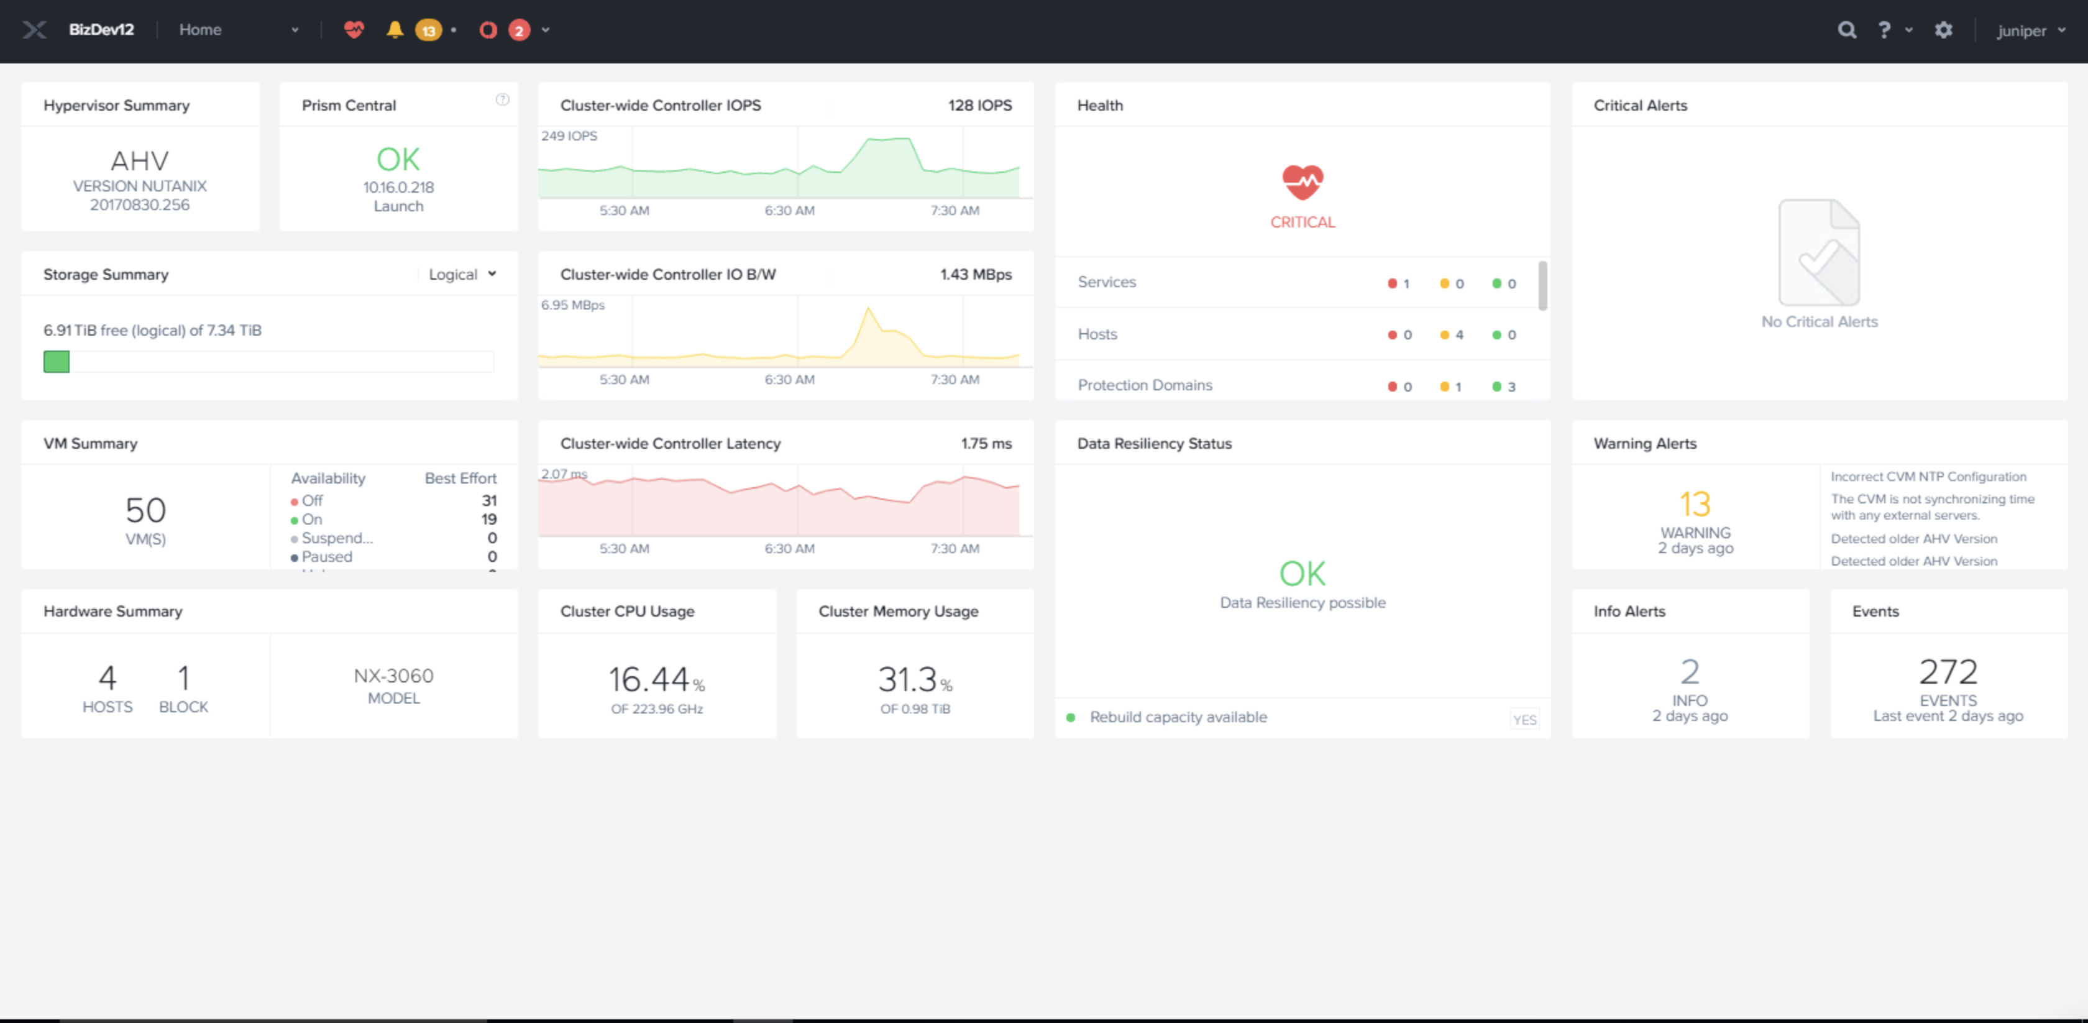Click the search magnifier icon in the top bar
click(x=1846, y=30)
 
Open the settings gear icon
click(x=1943, y=30)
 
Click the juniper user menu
click(x=2030, y=31)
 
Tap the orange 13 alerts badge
click(x=428, y=31)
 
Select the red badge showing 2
click(x=519, y=31)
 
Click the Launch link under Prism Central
click(x=398, y=206)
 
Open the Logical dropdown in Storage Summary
click(x=462, y=275)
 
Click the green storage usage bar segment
click(x=57, y=362)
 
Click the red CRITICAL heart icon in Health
click(x=1302, y=182)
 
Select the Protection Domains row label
click(x=1145, y=385)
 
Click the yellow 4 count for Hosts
click(x=1459, y=335)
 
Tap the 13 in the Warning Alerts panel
click(x=1695, y=504)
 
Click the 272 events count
click(x=1948, y=672)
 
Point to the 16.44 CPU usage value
click(x=648, y=679)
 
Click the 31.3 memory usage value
click(x=907, y=679)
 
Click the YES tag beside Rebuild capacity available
click(x=1524, y=720)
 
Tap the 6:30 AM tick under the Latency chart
click(x=789, y=549)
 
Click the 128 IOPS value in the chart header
click(x=979, y=106)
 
